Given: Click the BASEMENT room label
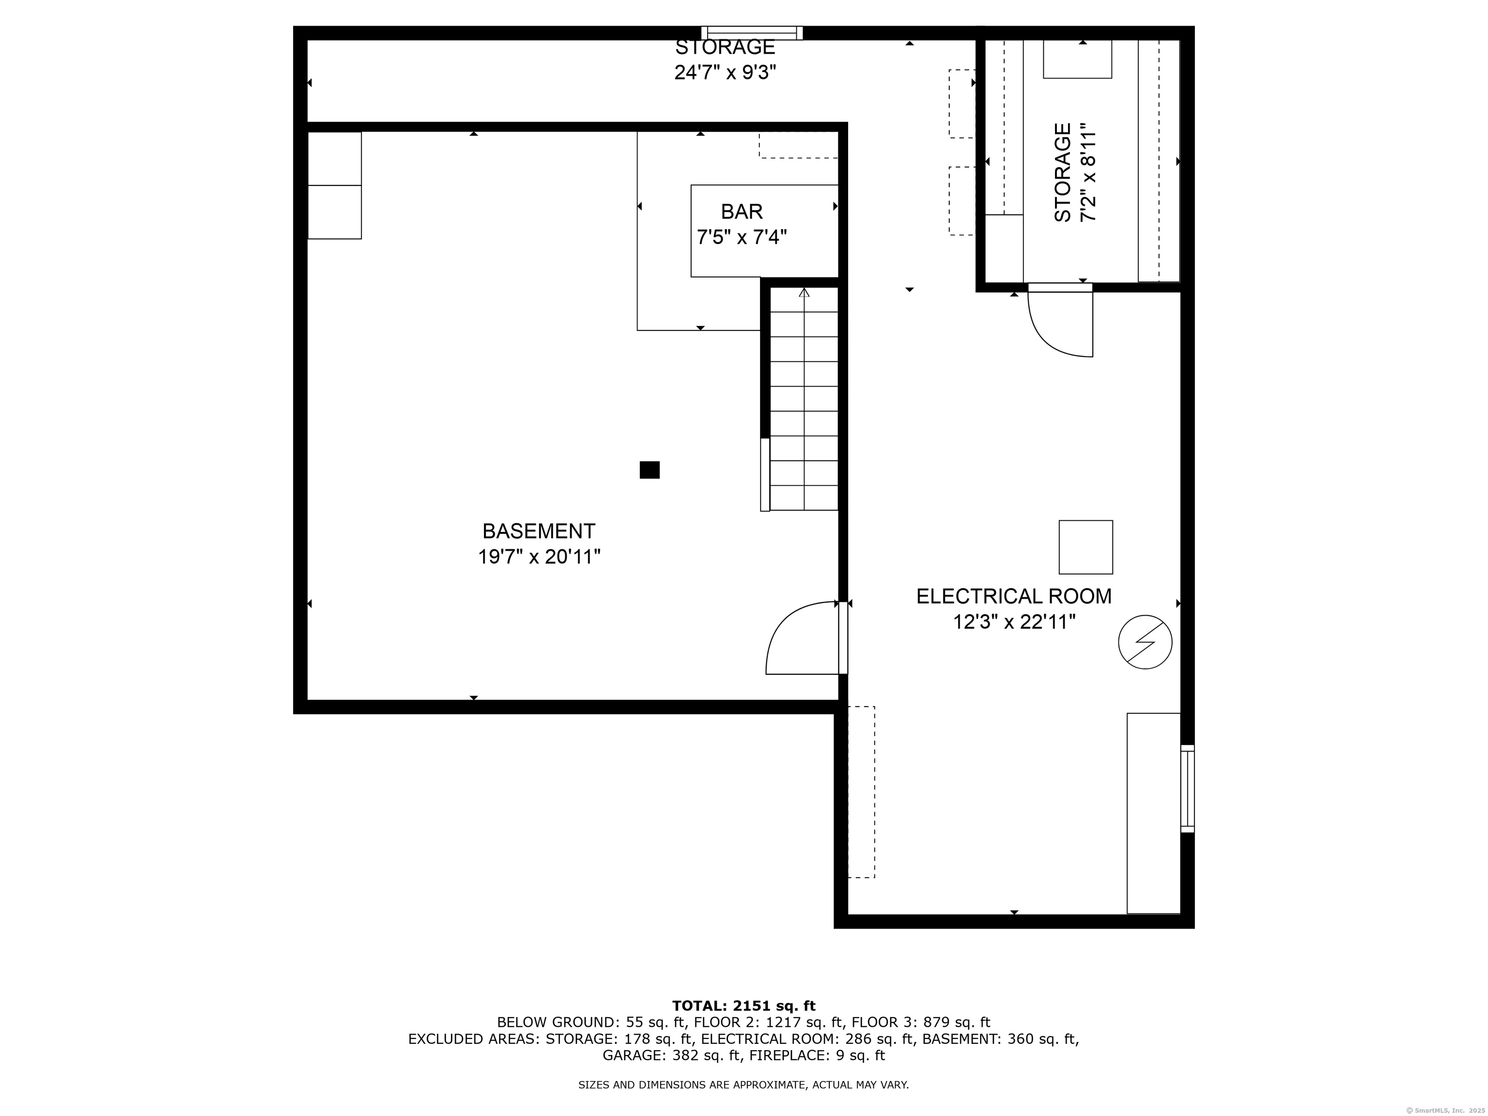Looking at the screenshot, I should [x=538, y=531].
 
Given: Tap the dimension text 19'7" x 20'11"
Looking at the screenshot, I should [x=538, y=557].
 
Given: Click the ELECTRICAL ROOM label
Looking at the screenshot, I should [x=1013, y=596].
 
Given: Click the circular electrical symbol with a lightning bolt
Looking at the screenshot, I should [x=1145, y=642].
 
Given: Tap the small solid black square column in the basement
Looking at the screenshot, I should [x=649, y=469].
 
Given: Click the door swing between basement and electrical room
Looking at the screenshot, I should [x=801, y=639].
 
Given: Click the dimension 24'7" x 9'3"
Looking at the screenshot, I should [x=725, y=72].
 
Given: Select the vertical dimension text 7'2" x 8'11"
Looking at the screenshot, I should [x=1088, y=172].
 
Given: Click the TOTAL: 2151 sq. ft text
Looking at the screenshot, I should [x=744, y=1006].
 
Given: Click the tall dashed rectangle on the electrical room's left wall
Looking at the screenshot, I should [x=861, y=792].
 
